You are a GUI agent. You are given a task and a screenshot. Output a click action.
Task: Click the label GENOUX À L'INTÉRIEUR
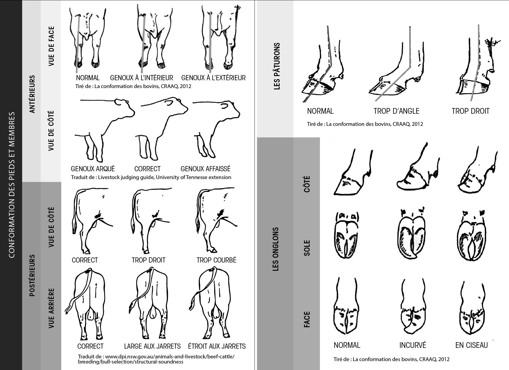pos(141,78)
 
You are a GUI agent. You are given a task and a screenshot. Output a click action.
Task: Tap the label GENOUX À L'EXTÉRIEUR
pos(213,78)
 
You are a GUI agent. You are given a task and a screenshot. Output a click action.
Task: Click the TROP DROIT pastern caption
pos(471,111)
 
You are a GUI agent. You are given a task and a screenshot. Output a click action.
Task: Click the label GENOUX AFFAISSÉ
pos(206,169)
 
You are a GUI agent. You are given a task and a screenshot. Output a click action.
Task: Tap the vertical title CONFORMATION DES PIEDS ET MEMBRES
pos(12,185)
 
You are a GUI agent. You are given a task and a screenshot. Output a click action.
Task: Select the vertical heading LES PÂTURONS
pos(277,66)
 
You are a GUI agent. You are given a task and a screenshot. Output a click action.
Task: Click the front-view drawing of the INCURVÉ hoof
pos(412,309)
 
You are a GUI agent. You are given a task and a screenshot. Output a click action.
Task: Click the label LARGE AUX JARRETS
pos(152,346)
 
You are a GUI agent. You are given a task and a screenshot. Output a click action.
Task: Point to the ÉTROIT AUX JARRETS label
pos(217,346)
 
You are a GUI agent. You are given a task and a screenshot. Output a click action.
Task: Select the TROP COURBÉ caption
pos(216,260)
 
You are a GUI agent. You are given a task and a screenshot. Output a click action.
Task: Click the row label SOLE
pos(307,248)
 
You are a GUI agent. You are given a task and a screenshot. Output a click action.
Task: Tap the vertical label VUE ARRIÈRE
pos(51,308)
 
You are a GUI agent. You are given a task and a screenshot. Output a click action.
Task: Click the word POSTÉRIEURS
pos(32,275)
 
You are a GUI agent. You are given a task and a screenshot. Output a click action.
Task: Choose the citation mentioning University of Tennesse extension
pos(151,177)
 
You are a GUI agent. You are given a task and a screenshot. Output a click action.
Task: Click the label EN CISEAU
pos(471,345)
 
